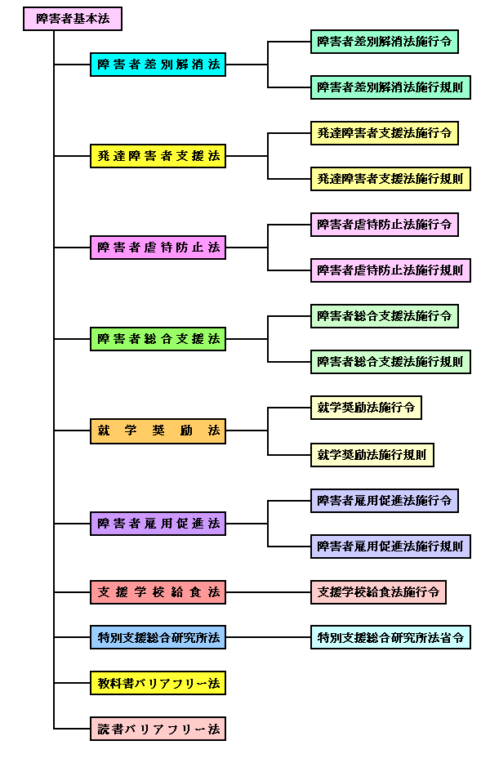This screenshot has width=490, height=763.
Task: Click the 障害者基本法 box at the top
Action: (x=72, y=19)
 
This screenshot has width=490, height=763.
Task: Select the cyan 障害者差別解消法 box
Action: (x=158, y=65)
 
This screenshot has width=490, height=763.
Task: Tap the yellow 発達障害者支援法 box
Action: (x=158, y=156)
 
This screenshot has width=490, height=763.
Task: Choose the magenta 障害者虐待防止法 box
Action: (x=158, y=248)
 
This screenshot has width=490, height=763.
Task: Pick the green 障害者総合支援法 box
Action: (x=158, y=339)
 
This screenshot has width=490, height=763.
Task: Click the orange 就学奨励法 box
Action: (x=158, y=431)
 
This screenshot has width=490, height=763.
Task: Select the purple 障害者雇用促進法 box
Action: (x=158, y=524)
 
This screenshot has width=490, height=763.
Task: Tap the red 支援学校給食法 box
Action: (x=158, y=592)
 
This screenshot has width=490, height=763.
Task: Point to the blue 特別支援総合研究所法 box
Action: (x=158, y=638)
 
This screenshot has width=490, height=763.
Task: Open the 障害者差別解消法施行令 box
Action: (x=384, y=42)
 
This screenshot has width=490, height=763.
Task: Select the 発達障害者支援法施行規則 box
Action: (x=390, y=179)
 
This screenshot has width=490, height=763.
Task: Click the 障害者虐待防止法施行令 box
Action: (x=384, y=225)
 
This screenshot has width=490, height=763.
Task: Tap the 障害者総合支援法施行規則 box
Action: (x=390, y=362)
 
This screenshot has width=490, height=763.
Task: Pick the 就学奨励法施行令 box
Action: (x=366, y=408)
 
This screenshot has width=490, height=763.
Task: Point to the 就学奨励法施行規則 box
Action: (x=372, y=455)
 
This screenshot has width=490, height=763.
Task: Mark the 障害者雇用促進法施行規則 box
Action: (x=390, y=547)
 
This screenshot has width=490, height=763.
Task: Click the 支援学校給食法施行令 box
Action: (x=378, y=592)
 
